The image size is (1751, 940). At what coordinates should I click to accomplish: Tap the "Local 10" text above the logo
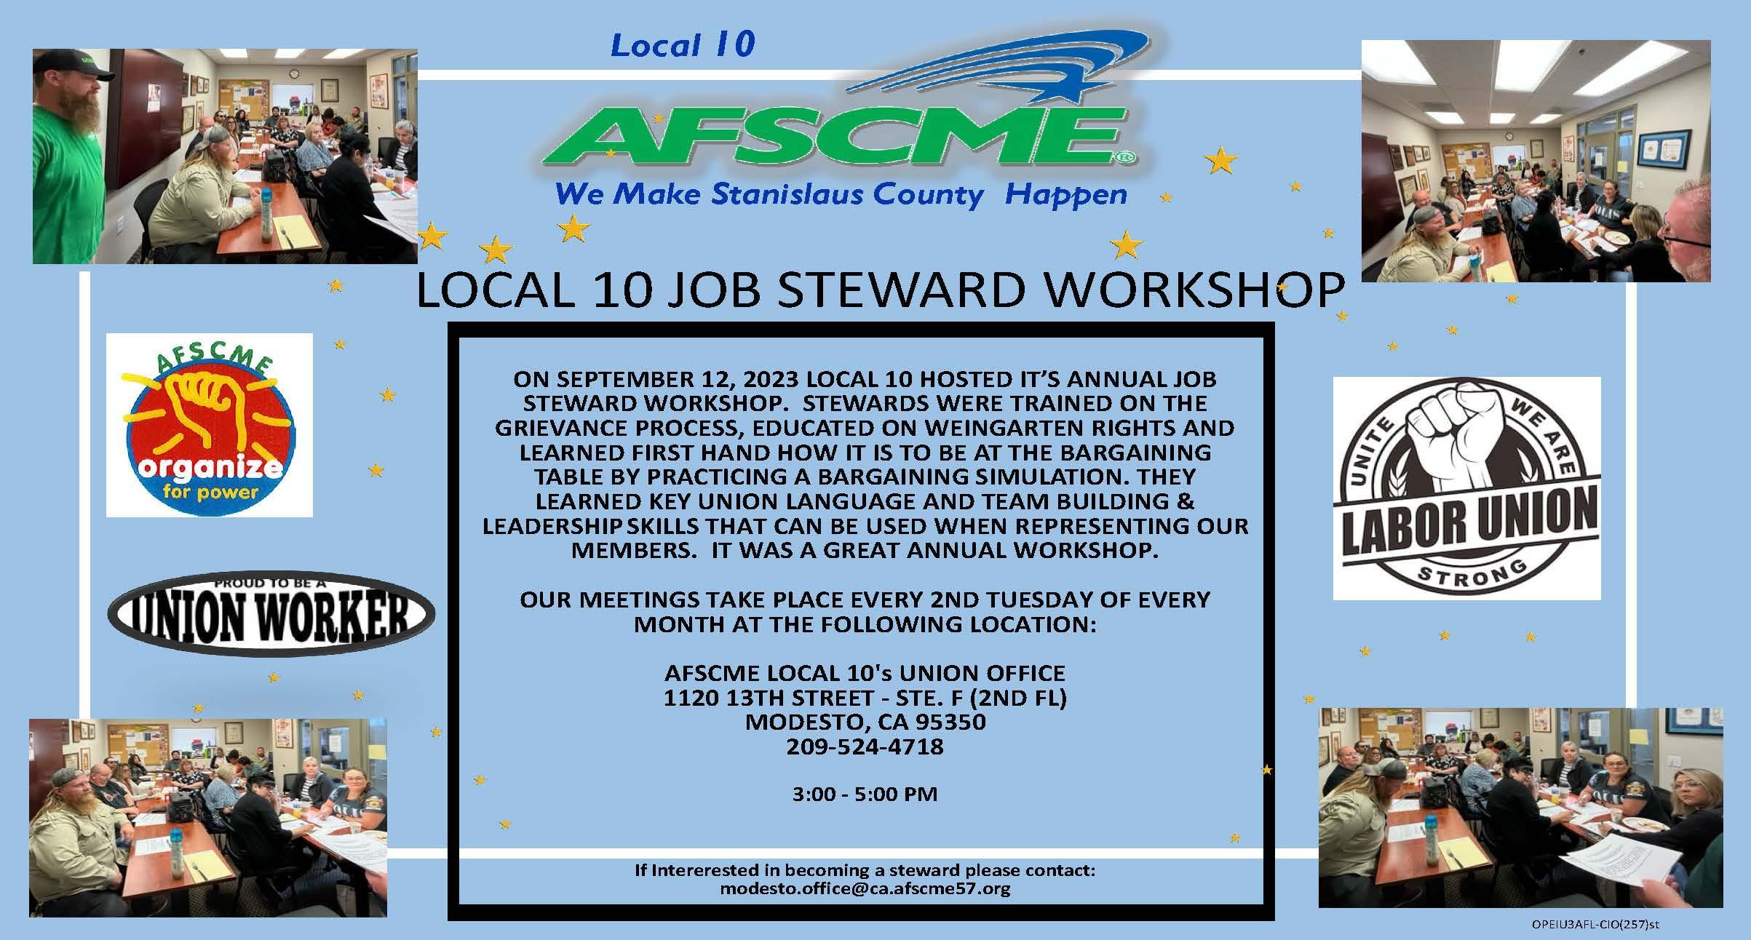(x=683, y=45)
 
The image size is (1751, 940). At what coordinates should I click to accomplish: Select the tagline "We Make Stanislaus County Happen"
(x=840, y=195)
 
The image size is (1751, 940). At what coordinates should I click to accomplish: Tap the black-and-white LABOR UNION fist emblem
(x=1466, y=487)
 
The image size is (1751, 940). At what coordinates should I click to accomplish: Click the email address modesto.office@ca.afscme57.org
(x=865, y=889)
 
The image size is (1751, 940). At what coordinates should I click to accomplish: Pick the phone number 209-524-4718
(x=865, y=746)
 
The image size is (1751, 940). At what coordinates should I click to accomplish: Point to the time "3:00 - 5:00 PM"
(x=865, y=794)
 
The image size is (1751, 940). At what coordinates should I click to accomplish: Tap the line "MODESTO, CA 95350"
(x=865, y=722)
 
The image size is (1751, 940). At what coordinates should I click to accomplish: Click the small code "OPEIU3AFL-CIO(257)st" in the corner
(x=1595, y=925)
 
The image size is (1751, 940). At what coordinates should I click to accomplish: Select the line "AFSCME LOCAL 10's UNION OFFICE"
(x=865, y=673)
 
